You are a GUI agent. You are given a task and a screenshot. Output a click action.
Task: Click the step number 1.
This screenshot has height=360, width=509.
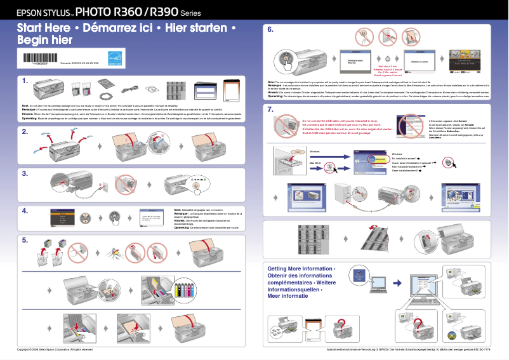tap(25, 81)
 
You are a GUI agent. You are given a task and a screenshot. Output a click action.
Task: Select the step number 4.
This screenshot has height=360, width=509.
tap(25, 210)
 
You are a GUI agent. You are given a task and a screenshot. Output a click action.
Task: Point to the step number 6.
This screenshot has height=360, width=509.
tap(270, 29)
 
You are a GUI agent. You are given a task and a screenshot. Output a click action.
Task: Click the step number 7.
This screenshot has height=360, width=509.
tap(270, 109)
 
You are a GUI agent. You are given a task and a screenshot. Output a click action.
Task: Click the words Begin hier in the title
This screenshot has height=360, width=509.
tap(44, 40)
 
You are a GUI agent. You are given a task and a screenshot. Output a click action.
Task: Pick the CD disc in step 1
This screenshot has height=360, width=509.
tap(154, 89)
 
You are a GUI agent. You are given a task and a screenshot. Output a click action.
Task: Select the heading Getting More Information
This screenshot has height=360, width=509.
tap(301, 269)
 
